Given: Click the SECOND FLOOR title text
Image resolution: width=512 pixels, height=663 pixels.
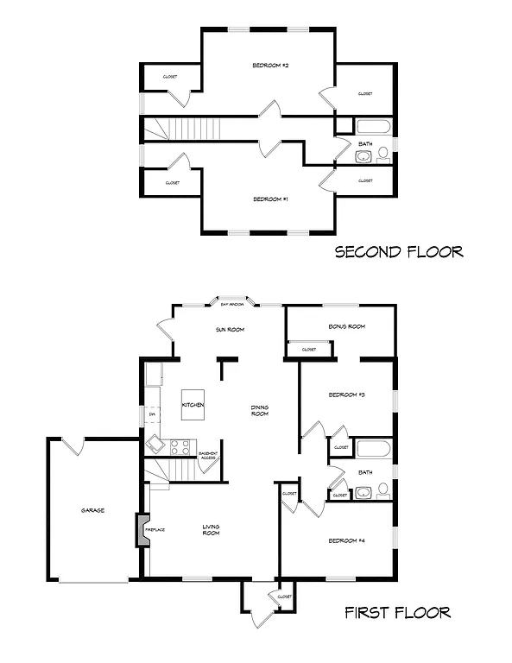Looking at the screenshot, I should point(399,252).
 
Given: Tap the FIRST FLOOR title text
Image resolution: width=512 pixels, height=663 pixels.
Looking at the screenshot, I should point(397,613).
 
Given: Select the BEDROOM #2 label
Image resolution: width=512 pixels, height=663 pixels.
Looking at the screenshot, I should point(270,66).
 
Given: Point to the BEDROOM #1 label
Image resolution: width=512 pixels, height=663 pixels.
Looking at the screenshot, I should point(270,199).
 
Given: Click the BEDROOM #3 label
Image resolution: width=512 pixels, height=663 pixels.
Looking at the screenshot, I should point(347,395).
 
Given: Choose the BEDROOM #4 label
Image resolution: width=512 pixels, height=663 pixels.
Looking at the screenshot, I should point(346,541).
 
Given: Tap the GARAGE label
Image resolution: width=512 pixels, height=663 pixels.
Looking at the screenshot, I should point(92,510).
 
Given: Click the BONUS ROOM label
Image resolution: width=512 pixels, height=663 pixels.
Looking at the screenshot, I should point(348,326).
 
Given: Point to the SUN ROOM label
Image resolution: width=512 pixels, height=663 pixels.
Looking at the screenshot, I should point(231,330).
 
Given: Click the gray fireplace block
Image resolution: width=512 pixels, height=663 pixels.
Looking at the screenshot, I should point(139,529).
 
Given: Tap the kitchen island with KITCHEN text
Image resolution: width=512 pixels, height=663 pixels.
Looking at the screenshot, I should point(193,405).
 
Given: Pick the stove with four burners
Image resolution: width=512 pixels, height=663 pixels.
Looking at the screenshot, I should point(180,447).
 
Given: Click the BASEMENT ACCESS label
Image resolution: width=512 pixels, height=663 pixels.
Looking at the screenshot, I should point(208,456).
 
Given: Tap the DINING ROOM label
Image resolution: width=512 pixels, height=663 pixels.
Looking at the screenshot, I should point(259,410).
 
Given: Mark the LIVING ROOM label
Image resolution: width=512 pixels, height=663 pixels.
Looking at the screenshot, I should point(211,529).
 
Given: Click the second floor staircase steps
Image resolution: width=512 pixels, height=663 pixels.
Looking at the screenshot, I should point(194,129).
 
